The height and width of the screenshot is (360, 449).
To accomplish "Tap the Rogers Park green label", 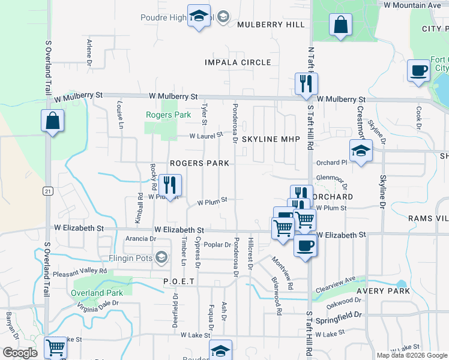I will point(169,115).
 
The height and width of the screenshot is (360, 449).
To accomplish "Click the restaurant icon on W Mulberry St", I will point(307,84).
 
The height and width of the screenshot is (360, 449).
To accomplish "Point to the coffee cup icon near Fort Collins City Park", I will point(418,70).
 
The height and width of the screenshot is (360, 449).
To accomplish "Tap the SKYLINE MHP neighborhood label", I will point(271,139).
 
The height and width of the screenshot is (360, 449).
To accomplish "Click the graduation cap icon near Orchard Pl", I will point(361,151).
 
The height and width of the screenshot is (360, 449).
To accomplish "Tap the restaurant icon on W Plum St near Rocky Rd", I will point(170,185).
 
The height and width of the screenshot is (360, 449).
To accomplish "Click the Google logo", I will point(20,353).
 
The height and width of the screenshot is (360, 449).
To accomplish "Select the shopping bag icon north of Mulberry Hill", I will point(340,25).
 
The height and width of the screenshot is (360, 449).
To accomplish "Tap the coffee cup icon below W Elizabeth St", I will point(306,245).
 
